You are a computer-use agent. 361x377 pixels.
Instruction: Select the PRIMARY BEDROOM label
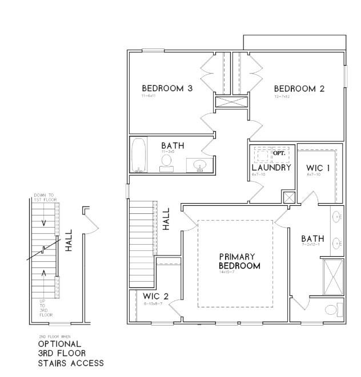[x=239, y=261]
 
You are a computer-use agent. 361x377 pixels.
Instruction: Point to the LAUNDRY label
[x=271, y=168]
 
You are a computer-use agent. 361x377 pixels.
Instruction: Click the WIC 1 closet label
[x=318, y=168]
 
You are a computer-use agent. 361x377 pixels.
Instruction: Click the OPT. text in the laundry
[x=279, y=154]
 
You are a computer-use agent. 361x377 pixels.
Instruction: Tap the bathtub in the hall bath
[x=138, y=155]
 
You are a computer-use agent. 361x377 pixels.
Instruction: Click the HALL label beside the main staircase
[x=167, y=218]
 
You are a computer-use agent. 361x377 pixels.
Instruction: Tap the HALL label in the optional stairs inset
[x=68, y=241]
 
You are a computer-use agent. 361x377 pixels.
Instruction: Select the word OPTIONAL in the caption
[x=59, y=344]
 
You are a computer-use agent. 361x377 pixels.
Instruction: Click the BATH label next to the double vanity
[x=312, y=238]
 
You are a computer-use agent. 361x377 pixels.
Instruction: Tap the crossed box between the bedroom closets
[x=231, y=103]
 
